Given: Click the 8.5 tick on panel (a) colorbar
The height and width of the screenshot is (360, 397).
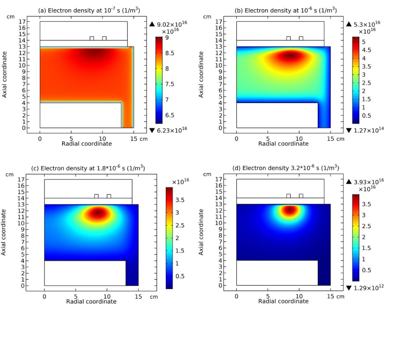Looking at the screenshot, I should click(x=170, y=53).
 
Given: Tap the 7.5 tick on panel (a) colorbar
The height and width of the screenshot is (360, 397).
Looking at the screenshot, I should click(x=170, y=84).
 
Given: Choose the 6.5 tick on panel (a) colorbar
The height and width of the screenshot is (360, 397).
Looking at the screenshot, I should click(x=170, y=115).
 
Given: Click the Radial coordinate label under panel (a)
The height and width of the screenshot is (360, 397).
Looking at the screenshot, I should click(x=86, y=144).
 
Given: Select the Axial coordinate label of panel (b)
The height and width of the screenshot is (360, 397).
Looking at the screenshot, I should click(x=202, y=75).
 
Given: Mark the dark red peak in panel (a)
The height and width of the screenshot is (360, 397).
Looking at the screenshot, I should click(x=95, y=53).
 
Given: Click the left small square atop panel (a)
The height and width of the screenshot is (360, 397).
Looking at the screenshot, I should click(x=92, y=38).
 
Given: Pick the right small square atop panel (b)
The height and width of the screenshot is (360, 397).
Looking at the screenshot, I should click(x=301, y=38).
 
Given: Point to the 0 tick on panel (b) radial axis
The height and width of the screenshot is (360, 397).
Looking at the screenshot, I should click(x=236, y=138).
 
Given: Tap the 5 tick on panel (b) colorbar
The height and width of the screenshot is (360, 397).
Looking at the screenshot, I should click(x=364, y=42).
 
